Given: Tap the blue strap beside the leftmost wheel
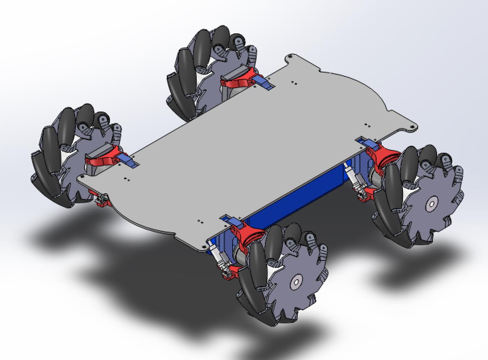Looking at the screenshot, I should pyautogui.click(x=128, y=161).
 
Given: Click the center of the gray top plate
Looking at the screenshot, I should pyautogui.click(x=249, y=149).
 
